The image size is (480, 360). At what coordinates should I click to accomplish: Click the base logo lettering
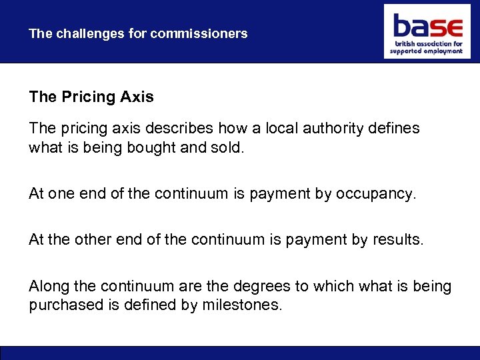pos(427,27)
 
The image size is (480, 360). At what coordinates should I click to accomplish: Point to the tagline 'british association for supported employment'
pos(427,47)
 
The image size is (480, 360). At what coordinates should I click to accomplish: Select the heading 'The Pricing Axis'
pos(91,97)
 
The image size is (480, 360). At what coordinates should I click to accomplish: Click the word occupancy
pos(375,194)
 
